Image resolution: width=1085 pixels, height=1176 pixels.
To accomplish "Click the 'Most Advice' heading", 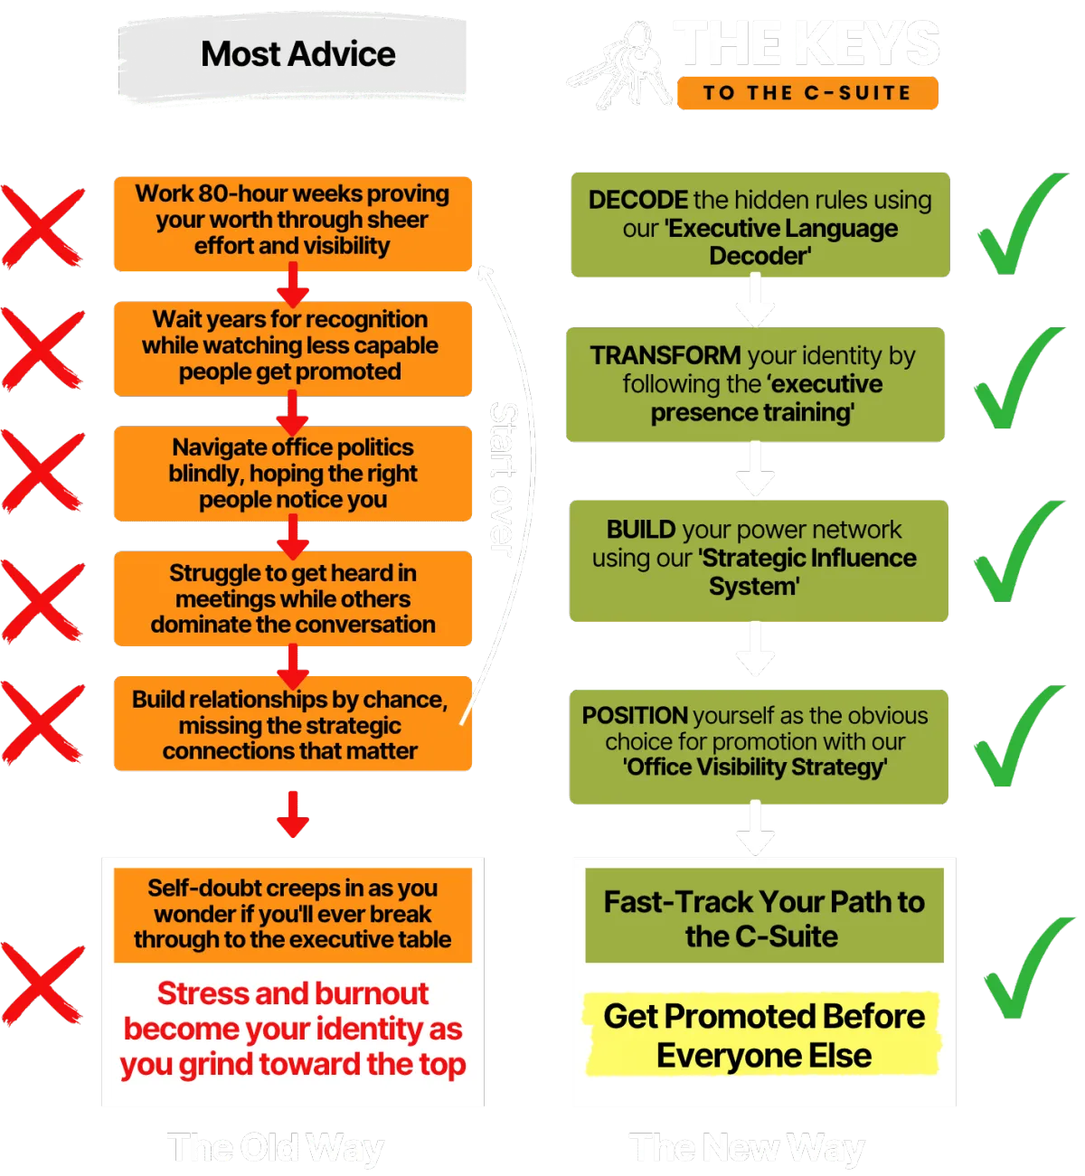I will [x=297, y=54].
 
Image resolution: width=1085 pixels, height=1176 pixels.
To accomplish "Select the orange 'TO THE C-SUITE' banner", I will [x=807, y=92].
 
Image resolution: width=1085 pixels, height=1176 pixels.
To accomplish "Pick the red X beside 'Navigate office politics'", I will [x=42, y=471].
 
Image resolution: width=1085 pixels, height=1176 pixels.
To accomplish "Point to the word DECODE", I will [x=638, y=200].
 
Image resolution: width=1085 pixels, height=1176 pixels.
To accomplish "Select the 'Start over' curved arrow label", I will [x=503, y=475].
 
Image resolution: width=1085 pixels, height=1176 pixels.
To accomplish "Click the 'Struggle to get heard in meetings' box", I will [x=292, y=598].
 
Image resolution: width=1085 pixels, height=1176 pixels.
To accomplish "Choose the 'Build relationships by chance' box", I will [x=292, y=725].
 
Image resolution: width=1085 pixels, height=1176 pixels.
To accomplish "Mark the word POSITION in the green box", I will [x=635, y=715].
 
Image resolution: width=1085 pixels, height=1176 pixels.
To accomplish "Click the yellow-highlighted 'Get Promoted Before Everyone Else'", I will [x=764, y=1036].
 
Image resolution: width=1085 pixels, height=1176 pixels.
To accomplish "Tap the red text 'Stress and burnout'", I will [x=293, y=993].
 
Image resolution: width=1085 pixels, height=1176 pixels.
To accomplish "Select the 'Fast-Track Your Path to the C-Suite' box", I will [x=764, y=918].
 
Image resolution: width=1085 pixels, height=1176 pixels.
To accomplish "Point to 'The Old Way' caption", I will [x=276, y=1148].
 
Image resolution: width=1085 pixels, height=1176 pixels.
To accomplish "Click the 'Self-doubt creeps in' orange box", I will [x=292, y=914].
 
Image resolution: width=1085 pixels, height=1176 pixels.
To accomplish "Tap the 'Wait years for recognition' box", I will [x=292, y=346].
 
